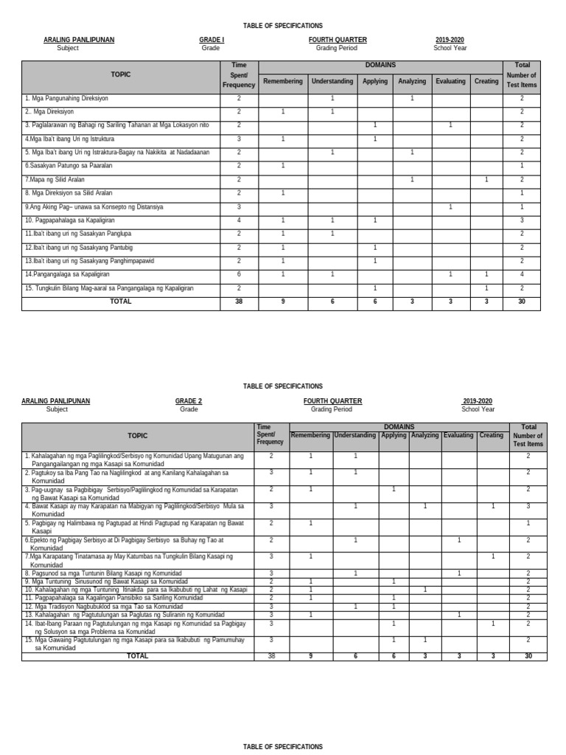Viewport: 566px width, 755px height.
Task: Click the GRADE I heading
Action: click(x=211, y=40)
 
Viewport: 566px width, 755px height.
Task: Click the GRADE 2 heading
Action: click(x=189, y=401)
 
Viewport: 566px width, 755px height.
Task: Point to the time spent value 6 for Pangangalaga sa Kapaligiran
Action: click(x=239, y=274)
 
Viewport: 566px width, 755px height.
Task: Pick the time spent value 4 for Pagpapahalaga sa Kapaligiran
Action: click(x=239, y=220)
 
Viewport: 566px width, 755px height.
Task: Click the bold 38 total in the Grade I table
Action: click(x=239, y=302)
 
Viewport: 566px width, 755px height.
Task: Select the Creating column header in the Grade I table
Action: click(x=486, y=81)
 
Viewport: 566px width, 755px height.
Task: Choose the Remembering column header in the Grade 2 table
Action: click(x=310, y=436)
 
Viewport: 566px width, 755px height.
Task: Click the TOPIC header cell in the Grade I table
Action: click(x=121, y=75)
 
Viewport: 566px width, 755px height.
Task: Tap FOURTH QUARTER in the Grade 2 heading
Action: click(x=332, y=401)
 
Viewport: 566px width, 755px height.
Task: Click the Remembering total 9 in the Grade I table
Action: click(x=283, y=302)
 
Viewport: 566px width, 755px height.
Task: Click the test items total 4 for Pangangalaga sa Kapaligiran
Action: click(x=522, y=274)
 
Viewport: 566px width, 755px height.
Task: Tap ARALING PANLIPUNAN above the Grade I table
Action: click(x=79, y=40)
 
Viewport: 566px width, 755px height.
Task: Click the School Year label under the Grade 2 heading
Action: click(x=478, y=409)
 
